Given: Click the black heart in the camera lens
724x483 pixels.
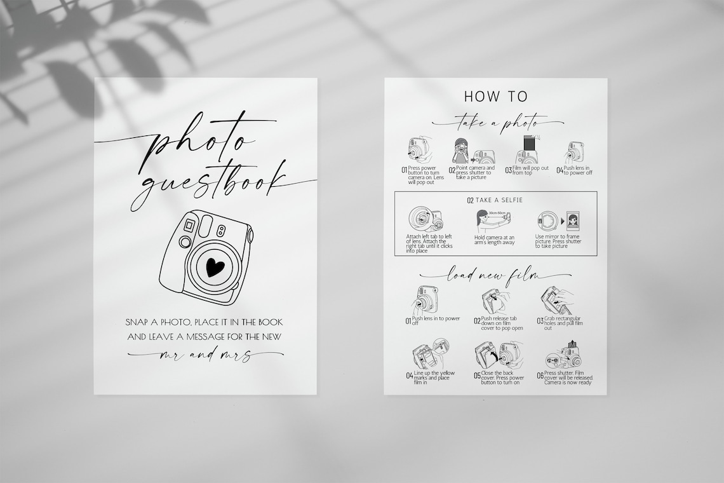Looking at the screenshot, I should coord(215,267).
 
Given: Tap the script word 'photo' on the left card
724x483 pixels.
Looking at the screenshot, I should coord(203,144).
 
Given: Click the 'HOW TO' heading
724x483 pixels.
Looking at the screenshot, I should coord(496,97).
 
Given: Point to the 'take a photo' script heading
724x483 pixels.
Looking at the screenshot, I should coord(497,122).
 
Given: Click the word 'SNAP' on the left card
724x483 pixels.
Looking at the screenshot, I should coord(140,323).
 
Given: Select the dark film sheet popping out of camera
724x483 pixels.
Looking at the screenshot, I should coord(527,144).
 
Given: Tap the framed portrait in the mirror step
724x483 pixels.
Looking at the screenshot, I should coord(572,222).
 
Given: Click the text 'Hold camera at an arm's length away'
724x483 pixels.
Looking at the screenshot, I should coord(495,240).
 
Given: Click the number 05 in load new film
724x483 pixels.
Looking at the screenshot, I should coord(477,376).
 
